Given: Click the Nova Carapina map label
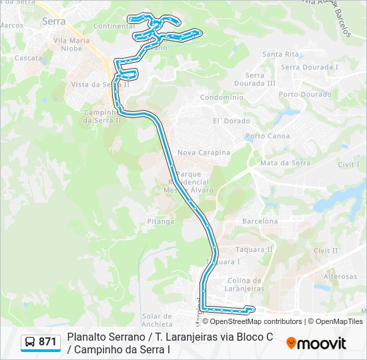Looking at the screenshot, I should pyautogui.click(x=204, y=153).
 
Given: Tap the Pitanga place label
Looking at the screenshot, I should pyautogui.click(x=160, y=221).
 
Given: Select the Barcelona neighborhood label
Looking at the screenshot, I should pyautogui.click(x=260, y=221).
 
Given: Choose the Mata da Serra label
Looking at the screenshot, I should pyautogui.click(x=286, y=163).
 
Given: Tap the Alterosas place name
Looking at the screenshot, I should pyautogui.click(x=340, y=276).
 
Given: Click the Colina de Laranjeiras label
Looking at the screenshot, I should pyautogui.click(x=246, y=285).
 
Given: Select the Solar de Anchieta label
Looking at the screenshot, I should pyautogui.click(x=157, y=320).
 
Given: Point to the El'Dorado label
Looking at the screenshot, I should pyautogui.click(x=231, y=121).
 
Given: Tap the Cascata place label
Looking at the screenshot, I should pyautogui.click(x=28, y=58).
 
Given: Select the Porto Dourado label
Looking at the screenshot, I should pyautogui.click(x=305, y=95).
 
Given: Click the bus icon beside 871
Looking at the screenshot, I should pyautogui.click(x=30, y=342).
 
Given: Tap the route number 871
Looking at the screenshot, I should pyautogui.click(x=48, y=342).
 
